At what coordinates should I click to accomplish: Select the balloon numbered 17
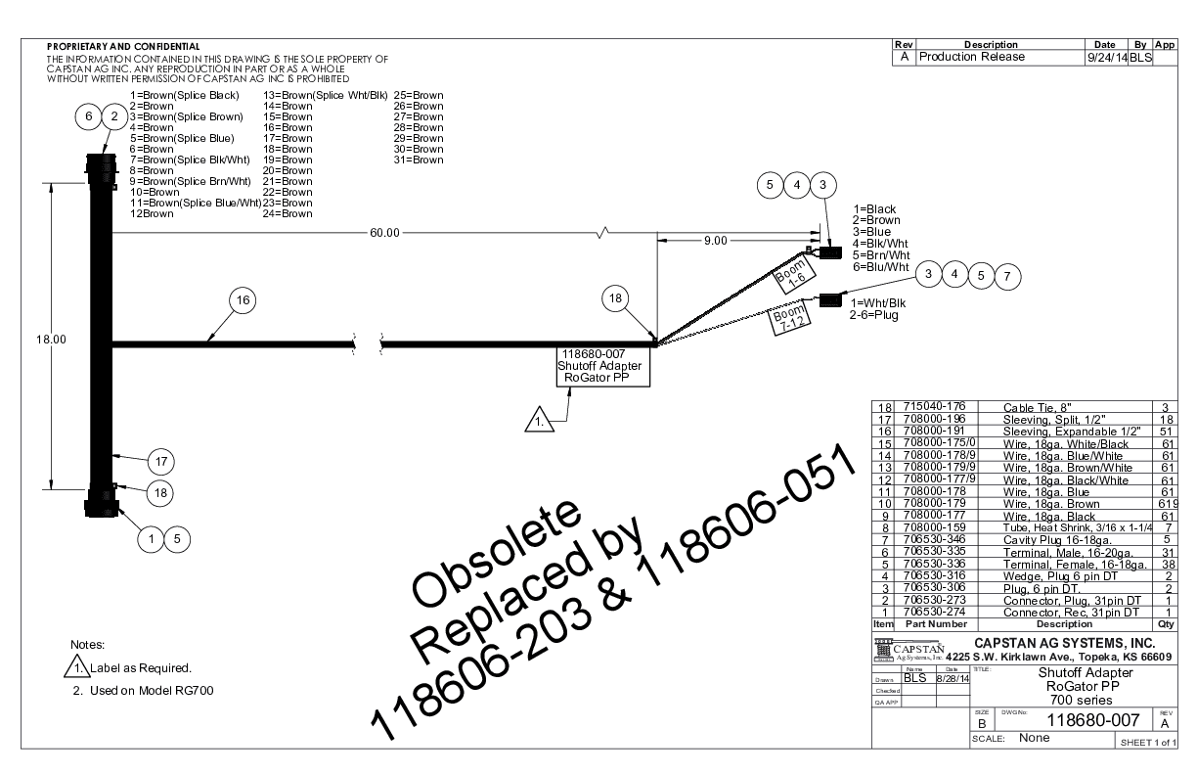click(x=161, y=459)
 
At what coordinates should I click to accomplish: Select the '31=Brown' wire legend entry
click(x=418, y=160)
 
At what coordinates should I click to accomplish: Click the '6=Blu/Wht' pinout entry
click(x=881, y=267)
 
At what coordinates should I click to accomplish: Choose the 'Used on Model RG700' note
click(x=151, y=691)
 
